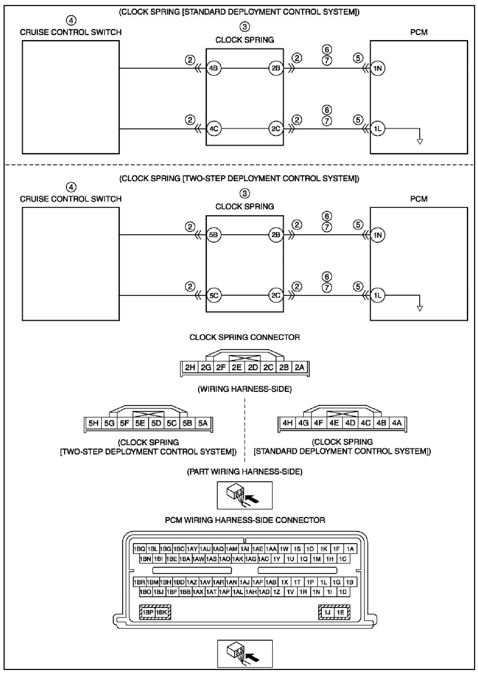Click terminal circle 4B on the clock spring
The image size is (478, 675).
[x=214, y=68]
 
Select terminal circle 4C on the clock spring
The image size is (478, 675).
[x=214, y=129]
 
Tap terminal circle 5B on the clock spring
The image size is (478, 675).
[x=214, y=235]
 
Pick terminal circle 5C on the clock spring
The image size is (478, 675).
[x=214, y=296]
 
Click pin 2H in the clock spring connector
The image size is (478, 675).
[x=190, y=367]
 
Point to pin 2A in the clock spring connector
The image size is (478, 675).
[x=300, y=367]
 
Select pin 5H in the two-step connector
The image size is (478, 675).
[x=94, y=423]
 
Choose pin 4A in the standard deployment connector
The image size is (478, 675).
[x=397, y=423]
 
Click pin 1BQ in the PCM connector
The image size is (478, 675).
[x=139, y=549]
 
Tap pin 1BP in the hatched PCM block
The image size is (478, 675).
[x=148, y=612]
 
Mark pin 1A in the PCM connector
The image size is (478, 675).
[x=350, y=549]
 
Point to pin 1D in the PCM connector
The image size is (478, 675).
[x=343, y=592]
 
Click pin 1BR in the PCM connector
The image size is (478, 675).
[x=139, y=582]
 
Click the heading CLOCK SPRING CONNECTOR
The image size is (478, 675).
[x=244, y=337]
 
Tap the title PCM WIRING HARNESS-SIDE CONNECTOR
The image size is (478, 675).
[x=245, y=520]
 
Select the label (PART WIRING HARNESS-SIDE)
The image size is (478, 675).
[x=244, y=472]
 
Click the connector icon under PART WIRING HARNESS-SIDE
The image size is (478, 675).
[x=244, y=495]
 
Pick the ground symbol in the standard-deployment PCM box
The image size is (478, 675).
[x=420, y=142]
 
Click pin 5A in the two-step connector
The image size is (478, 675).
[x=203, y=423]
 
